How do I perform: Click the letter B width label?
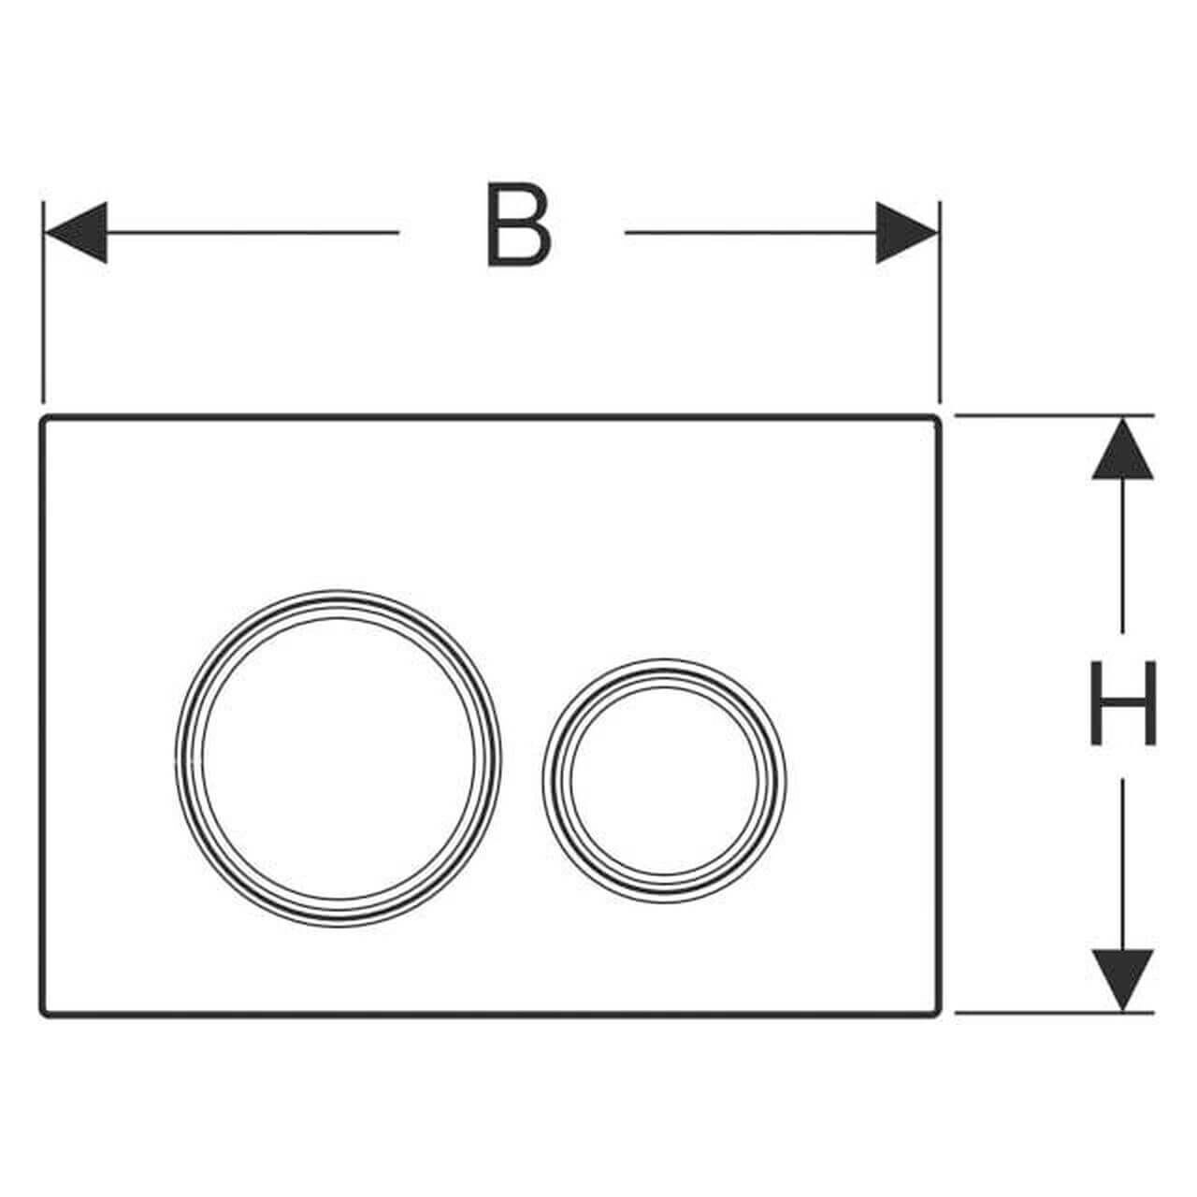click(520, 224)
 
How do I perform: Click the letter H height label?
click(1123, 702)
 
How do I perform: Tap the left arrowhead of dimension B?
click(76, 232)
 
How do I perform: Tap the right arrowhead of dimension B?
click(906, 232)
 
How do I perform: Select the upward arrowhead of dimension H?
click(1122, 449)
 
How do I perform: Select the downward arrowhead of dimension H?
click(1122, 980)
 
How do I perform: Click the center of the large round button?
click(338, 758)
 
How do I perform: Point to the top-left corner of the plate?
click(41, 416)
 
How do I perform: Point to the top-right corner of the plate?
click(939, 416)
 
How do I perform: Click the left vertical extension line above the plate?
click(43, 302)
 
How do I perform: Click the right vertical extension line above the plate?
click(940, 302)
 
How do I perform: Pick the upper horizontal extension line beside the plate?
click(1055, 414)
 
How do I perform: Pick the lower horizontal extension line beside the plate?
click(1055, 1013)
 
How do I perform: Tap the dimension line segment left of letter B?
click(252, 232)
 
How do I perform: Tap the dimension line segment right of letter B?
click(750, 232)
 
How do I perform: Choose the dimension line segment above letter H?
click(1122, 555)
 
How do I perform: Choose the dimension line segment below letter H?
click(1122, 865)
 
